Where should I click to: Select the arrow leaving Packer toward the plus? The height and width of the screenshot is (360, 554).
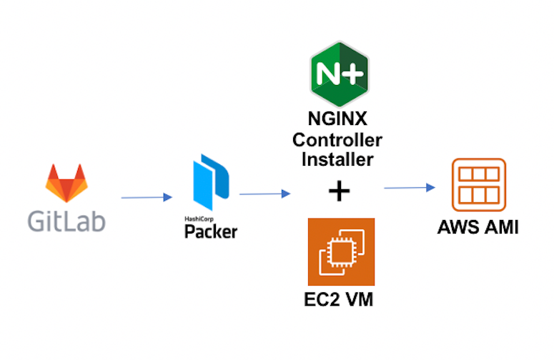coord(265,193)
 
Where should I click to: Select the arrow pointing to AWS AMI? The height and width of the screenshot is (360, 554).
coord(410,188)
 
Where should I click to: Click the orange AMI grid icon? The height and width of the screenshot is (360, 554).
coord(479,184)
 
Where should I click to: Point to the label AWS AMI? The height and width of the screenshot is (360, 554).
coord(478,228)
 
